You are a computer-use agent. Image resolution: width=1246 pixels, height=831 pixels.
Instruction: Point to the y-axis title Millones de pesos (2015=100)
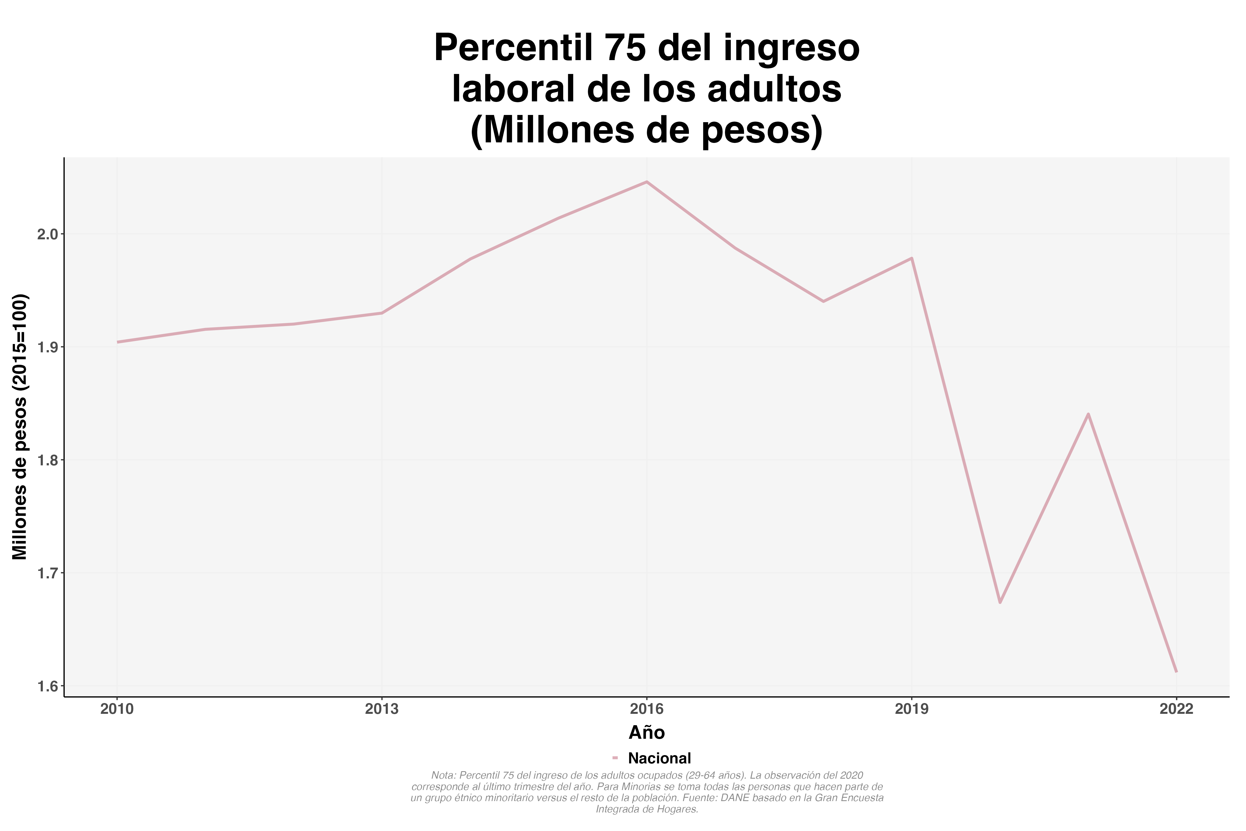pyautogui.click(x=20, y=427)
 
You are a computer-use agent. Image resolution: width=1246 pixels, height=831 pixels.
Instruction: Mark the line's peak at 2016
pyautogui.click(x=647, y=182)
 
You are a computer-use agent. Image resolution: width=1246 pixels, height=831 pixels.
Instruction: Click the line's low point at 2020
pyautogui.click(x=1000, y=602)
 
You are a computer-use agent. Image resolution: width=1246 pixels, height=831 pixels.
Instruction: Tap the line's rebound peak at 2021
pyautogui.click(x=1088, y=414)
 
